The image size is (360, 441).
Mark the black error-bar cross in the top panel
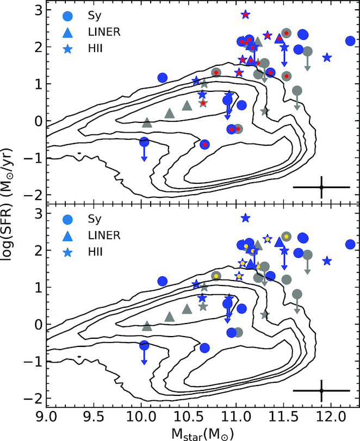(x=321, y=187)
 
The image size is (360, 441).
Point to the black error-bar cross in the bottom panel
(x=321, y=390)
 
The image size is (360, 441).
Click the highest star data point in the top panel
(x=245, y=15)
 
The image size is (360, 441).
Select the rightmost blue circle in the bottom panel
(x=350, y=245)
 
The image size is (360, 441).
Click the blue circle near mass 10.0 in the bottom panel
(x=144, y=345)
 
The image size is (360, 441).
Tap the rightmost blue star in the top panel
(x=327, y=57)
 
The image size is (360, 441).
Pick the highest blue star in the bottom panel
(x=245, y=218)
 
